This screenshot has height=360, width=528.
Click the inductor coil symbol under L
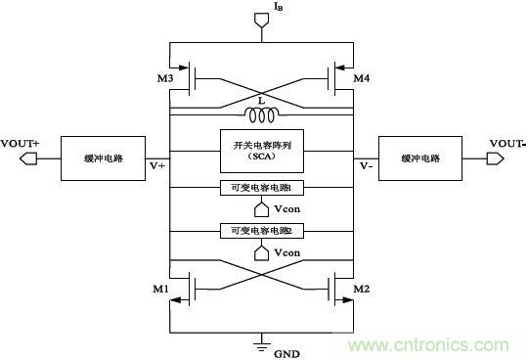point(265,117)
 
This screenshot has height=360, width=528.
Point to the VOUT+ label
point(22,142)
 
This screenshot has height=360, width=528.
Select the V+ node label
point(157,165)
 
